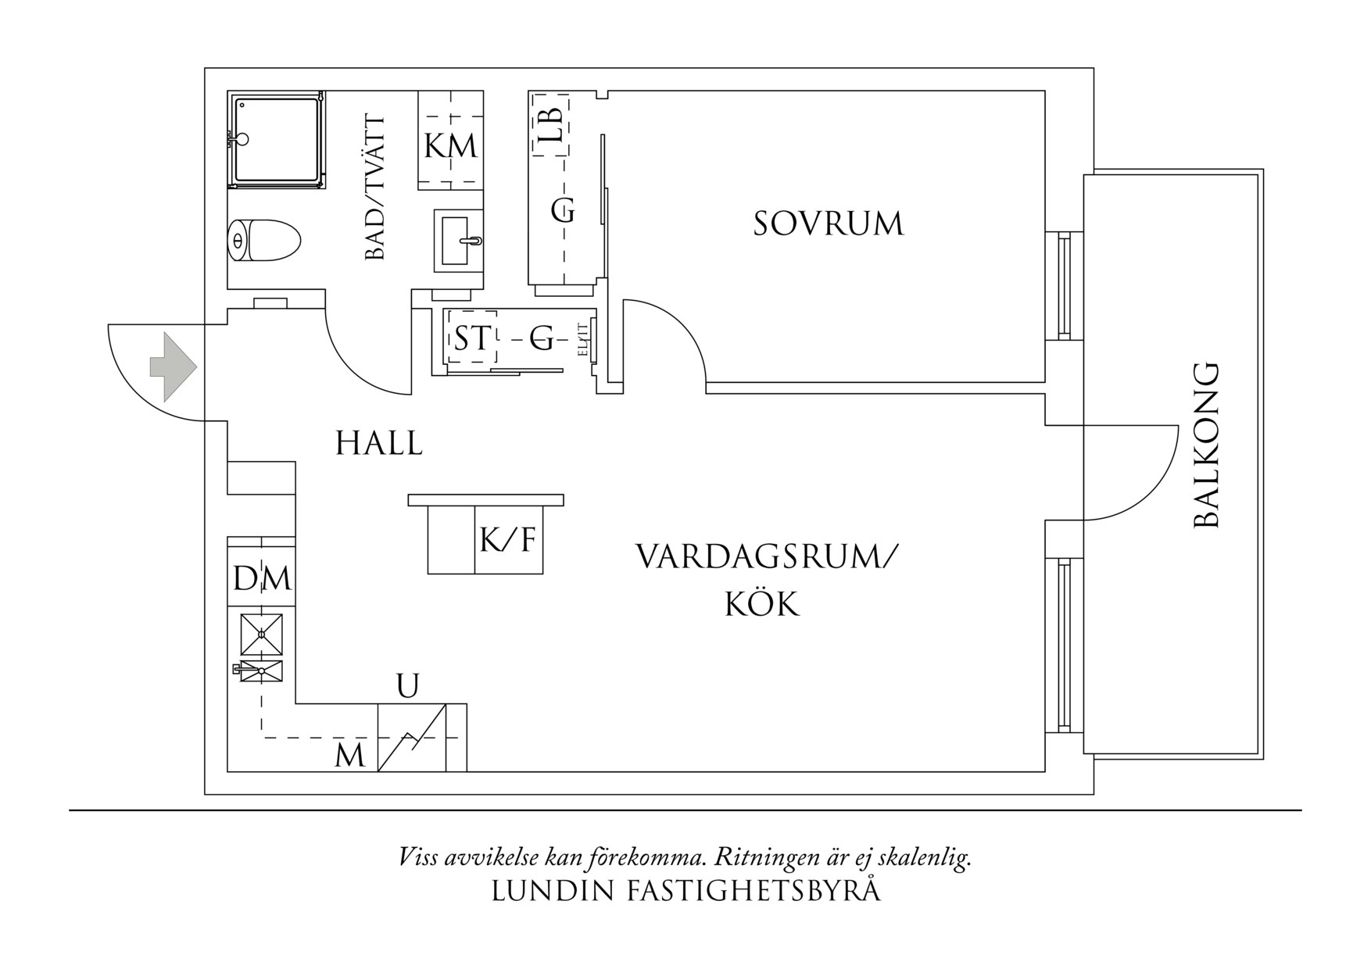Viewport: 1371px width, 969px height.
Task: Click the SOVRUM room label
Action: click(828, 223)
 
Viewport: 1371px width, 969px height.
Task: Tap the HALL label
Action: click(379, 444)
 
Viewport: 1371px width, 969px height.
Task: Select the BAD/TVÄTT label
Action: click(375, 188)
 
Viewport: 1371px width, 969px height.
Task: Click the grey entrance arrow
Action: click(172, 367)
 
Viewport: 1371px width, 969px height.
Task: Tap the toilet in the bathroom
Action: click(263, 241)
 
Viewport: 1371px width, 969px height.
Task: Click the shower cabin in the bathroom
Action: click(277, 140)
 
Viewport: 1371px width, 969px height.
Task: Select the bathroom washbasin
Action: click(459, 241)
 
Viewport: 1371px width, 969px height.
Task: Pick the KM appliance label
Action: click(450, 146)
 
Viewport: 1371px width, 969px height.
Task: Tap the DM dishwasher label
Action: click(262, 579)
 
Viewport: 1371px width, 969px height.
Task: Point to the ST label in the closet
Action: click(471, 339)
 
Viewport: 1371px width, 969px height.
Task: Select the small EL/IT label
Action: click(583, 341)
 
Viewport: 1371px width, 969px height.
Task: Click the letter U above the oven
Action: click(407, 686)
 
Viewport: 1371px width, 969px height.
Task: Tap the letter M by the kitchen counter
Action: click(349, 756)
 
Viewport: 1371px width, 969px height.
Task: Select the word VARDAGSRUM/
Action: click(767, 558)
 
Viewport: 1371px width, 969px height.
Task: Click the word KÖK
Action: click(761, 604)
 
